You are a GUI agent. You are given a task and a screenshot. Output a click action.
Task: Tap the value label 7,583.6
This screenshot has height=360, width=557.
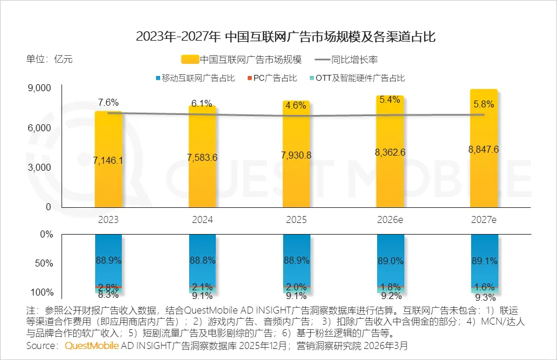coord(202,159)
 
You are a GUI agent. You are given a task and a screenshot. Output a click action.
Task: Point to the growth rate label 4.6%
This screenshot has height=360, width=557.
coord(296,106)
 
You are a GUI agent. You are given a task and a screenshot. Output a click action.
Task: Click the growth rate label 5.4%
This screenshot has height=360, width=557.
coord(389,99)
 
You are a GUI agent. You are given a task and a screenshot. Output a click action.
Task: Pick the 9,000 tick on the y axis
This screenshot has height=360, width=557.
coord(39,88)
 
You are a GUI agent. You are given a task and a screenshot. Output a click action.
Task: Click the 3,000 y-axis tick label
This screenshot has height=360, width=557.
coord(39,167)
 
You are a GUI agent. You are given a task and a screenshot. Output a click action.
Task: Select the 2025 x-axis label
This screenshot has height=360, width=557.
coord(296,220)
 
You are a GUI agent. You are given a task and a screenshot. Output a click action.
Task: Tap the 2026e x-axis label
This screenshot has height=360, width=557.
coord(389,220)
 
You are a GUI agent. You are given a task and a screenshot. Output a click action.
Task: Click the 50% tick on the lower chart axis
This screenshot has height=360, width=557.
coord(44,263)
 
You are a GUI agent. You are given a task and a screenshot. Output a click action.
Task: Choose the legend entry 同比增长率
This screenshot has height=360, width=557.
coord(355,59)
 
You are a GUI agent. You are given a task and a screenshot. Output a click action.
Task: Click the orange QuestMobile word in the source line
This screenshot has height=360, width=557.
coord(92,346)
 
